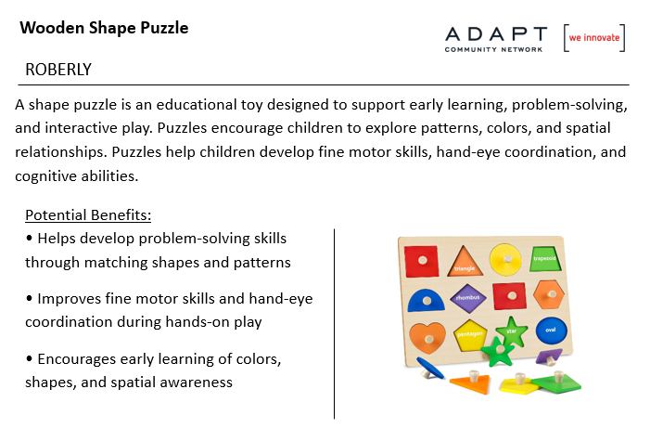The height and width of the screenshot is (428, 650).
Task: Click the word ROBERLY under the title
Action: [x=58, y=70]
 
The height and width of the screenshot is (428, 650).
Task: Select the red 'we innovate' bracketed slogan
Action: [x=594, y=38]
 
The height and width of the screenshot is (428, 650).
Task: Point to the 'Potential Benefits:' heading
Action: [x=88, y=215]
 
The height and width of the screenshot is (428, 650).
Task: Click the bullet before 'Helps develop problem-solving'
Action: [x=29, y=238]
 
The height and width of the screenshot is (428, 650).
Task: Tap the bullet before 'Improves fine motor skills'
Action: [x=29, y=298]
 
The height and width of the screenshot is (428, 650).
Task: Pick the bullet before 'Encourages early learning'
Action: [x=29, y=358]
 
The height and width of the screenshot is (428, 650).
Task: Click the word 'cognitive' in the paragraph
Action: [x=46, y=176]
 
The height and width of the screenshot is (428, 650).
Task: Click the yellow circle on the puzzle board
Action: [x=505, y=259]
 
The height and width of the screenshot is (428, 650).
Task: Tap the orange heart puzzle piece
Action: [x=427, y=338]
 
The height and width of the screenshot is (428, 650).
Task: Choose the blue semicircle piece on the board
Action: [x=426, y=300]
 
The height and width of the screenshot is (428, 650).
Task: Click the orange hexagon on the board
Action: [x=549, y=294]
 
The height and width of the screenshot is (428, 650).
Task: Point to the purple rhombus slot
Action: [x=468, y=298]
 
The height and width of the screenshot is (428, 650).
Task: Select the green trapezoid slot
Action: [x=544, y=259]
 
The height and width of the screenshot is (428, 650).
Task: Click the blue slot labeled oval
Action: [x=552, y=331]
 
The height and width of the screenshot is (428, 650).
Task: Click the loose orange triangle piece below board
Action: [x=471, y=383]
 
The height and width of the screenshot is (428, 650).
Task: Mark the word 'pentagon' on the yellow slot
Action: [x=470, y=333]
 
